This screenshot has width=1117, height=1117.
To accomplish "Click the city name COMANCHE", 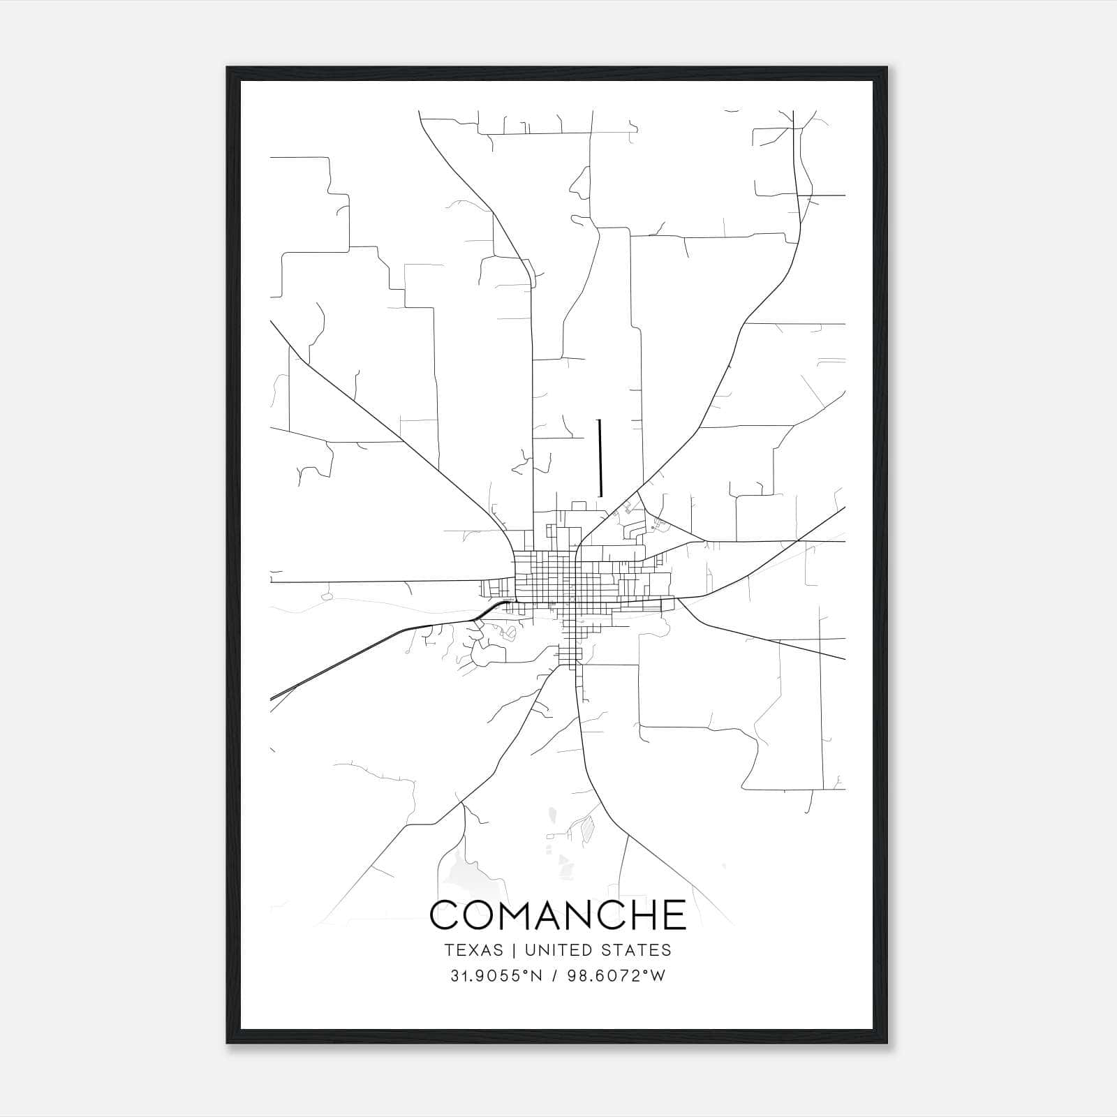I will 558,915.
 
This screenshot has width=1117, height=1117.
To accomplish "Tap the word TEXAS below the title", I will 473,950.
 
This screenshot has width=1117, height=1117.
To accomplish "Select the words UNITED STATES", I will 598,950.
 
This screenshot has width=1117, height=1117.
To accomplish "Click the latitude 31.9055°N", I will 496,976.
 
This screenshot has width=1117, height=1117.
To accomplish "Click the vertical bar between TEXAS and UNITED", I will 513,950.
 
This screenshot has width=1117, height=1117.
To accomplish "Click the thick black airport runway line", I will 600,457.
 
